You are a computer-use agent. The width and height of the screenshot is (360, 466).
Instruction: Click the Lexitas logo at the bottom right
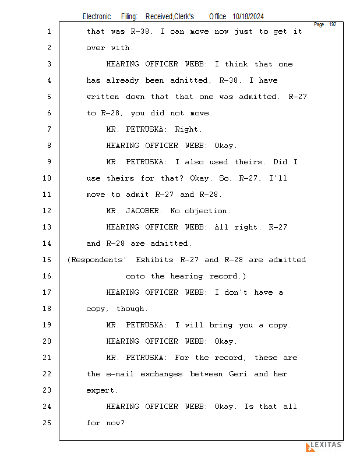[323, 446]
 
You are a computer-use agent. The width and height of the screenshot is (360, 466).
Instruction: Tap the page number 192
[333, 24]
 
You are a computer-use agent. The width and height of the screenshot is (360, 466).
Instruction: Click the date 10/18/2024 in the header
[252, 17]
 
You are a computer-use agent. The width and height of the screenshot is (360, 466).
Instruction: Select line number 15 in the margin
[48, 260]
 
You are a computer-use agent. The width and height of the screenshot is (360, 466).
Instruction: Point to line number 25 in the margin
[48, 423]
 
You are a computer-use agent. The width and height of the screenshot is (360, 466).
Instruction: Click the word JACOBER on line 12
[146, 211]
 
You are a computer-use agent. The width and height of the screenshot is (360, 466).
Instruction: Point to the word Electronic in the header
[97, 17]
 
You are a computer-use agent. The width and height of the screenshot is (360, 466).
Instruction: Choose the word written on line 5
[104, 97]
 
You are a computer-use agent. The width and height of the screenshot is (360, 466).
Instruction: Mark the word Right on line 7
[188, 129]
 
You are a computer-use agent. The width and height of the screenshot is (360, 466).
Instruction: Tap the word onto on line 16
[136, 276]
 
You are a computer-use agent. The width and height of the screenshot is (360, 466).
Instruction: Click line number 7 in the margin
[48, 129]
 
